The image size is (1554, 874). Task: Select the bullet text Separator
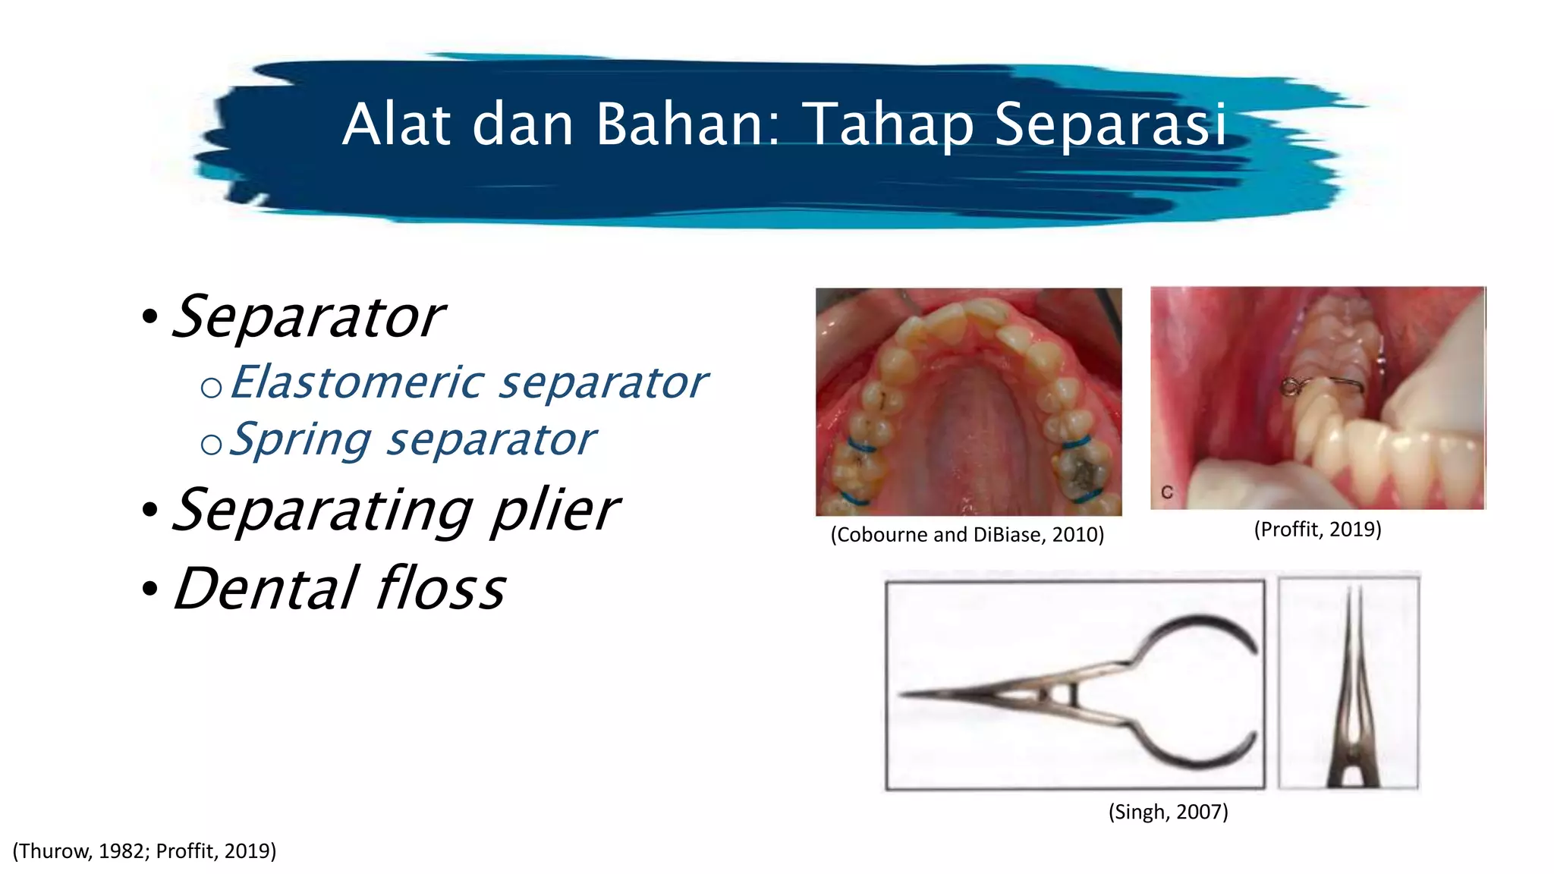[x=308, y=317]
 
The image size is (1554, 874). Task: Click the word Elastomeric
[x=357, y=382]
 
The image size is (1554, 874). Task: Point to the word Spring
[x=300, y=439]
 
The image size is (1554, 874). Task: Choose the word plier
[x=555, y=510]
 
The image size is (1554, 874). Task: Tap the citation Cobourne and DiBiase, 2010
[x=967, y=535]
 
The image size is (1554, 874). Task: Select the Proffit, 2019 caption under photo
[x=1317, y=529]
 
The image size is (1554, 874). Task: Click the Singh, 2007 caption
[x=1168, y=812]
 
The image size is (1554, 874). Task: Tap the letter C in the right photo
[x=1167, y=492]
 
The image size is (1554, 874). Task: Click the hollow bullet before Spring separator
[x=211, y=444]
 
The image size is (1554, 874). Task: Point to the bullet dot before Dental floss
[x=149, y=589]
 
